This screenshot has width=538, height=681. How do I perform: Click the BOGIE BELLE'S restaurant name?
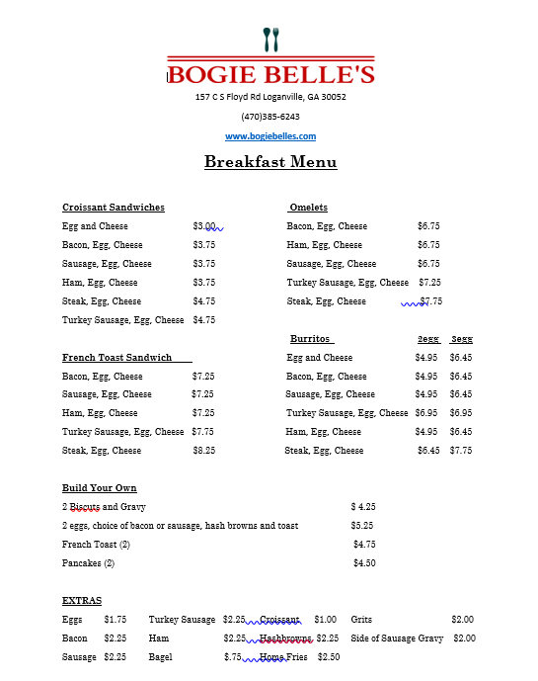[x=271, y=74]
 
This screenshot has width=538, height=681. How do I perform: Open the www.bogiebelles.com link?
[x=270, y=136]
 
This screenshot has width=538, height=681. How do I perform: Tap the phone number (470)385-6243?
[x=270, y=117]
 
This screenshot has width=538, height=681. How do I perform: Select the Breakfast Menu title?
[x=270, y=162]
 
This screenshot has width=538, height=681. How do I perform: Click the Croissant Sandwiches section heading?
[x=114, y=208]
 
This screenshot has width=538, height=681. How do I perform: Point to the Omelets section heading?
[x=309, y=208]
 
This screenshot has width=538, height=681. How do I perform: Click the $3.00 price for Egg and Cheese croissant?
[x=204, y=226]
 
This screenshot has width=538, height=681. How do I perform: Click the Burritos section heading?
[x=311, y=339]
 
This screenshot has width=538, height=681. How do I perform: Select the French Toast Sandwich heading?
[x=116, y=358]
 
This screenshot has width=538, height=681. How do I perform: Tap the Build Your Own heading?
[x=99, y=488]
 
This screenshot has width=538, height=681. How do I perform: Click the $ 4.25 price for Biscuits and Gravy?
[x=363, y=507]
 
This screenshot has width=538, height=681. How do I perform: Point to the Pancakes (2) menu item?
[x=88, y=563]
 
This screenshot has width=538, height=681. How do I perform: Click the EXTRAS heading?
[x=81, y=601]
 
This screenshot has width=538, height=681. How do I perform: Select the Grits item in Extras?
[x=361, y=620]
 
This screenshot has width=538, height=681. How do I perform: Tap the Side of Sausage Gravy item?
[x=397, y=638]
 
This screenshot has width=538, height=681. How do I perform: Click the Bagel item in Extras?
[x=161, y=657]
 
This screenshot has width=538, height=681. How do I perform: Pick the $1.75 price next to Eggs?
[x=115, y=620]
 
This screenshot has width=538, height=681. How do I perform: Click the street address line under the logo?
[x=270, y=97]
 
